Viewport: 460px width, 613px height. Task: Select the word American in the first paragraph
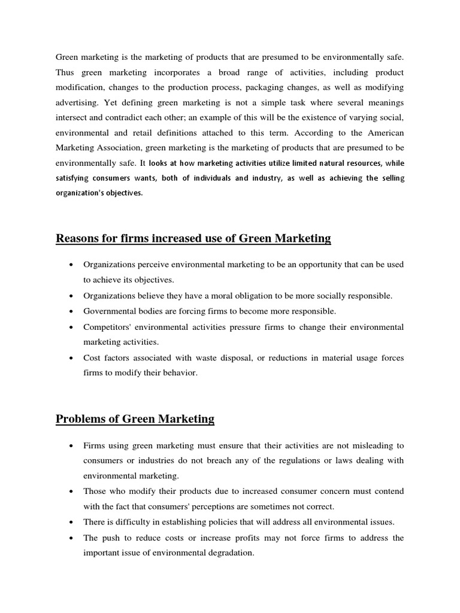(x=383, y=131)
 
